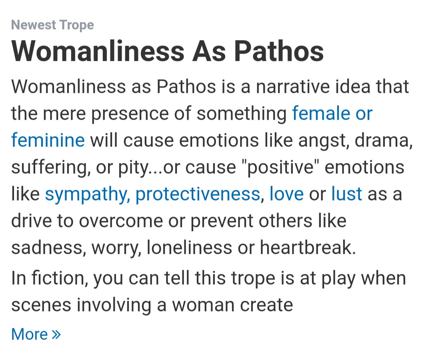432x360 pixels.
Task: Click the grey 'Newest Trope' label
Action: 52,25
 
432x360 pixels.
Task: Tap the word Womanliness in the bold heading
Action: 98,51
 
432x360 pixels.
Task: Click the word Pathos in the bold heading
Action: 279,51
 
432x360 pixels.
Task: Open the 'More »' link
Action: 36,334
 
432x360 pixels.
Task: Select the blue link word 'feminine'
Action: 48,140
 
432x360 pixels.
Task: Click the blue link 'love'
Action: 286,194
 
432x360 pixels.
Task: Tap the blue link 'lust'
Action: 346,194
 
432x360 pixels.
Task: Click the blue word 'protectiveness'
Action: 198,194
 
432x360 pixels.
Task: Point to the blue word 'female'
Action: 321,113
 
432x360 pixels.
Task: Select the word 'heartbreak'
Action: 308,247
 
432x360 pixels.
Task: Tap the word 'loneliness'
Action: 189,247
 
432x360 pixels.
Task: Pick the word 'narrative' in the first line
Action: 292,86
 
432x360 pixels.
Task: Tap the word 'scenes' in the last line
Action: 41,305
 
